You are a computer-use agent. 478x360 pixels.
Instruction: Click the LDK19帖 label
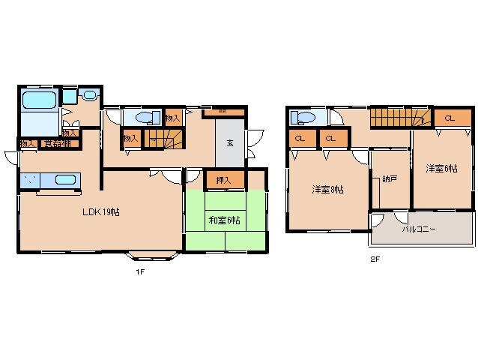[x=101, y=212]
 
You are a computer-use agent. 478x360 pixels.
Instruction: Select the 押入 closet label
[x=223, y=180]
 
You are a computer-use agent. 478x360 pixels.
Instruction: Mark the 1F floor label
[x=139, y=271]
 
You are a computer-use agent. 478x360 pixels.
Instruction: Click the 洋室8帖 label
[x=327, y=190]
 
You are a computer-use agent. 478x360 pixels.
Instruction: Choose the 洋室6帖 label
[x=441, y=169]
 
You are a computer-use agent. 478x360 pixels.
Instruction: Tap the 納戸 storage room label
[x=390, y=179]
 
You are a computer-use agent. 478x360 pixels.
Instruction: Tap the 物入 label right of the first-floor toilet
[x=172, y=118]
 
